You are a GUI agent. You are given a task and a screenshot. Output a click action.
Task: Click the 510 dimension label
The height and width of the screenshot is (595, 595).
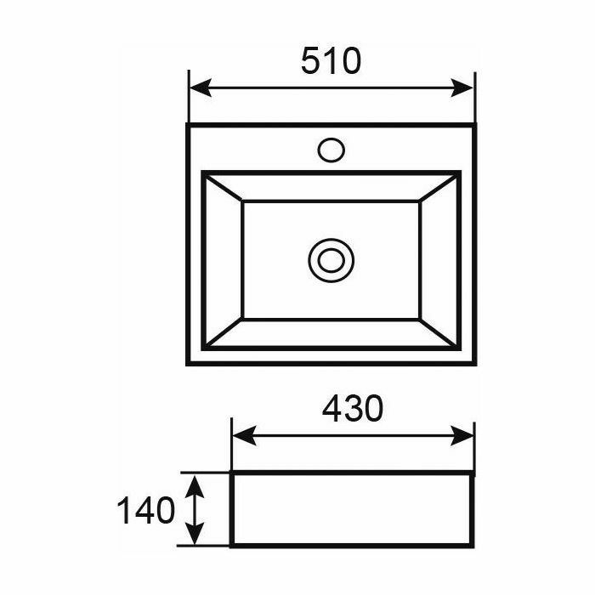(x=331, y=60)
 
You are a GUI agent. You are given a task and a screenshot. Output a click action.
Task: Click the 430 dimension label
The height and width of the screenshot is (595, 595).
(x=353, y=409)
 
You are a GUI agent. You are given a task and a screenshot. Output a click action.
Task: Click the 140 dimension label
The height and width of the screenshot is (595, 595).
(x=146, y=510)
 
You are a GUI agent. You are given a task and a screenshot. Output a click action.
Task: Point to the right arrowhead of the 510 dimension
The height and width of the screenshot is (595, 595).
(x=462, y=88)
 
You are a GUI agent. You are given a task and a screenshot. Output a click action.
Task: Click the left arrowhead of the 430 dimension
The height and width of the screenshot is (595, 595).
(x=244, y=435)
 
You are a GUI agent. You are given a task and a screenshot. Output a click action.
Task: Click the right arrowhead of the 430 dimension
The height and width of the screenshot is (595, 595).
(x=462, y=435)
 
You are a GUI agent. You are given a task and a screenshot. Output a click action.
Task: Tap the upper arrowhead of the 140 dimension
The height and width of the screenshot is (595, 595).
(x=195, y=486)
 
